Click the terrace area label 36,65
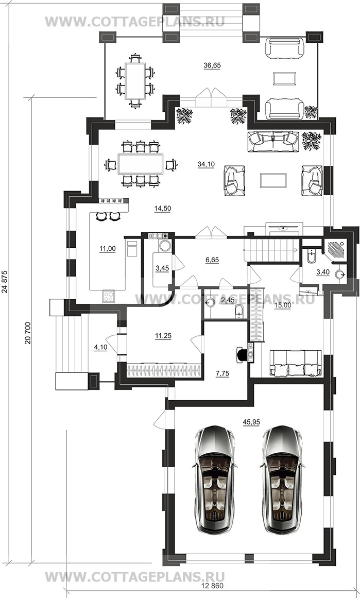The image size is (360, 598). (x=212, y=65)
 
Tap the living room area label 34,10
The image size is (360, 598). (x=206, y=164)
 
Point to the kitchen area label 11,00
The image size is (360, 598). (x=108, y=249)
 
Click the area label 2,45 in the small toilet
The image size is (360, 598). (x=228, y=300)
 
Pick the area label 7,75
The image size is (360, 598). (x=222, y=374)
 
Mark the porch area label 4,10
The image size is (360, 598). (x=100, y=348)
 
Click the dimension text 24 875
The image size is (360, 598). (x=5, y=282)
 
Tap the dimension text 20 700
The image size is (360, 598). (x=27, y=334)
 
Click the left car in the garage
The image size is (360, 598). (x=214, y=480)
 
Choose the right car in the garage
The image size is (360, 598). (x=282, y=480)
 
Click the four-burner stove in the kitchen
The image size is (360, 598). (x=108, y=296)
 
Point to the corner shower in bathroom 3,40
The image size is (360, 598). (x=336, y=250)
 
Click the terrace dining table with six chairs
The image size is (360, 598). (x=135, y=81)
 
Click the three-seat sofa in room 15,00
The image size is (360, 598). (x=295, y=364)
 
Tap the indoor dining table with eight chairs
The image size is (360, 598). (x=141, y=164)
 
